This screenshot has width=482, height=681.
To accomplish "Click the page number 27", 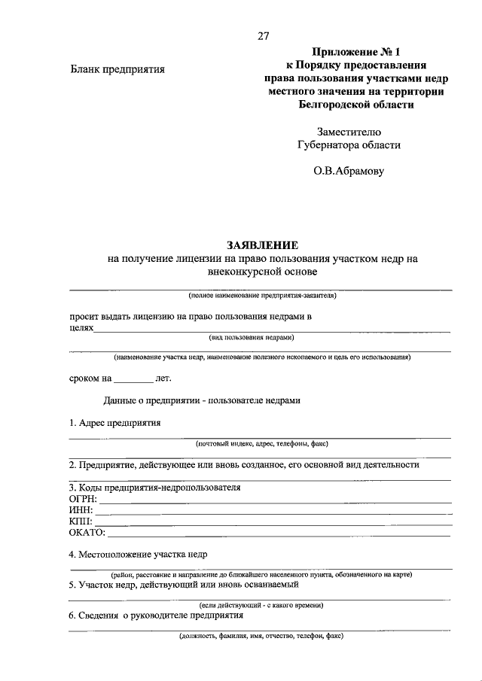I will (x=263, y=35).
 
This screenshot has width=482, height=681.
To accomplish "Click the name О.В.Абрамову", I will (x=349, y=171).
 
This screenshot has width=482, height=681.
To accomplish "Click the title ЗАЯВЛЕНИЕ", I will (x=263, y=245).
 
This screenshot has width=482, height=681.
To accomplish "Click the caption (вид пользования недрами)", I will (x=262, y=337).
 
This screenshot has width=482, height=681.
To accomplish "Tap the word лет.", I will (x=163, y=379).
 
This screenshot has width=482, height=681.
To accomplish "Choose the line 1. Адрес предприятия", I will (x=114, y=423).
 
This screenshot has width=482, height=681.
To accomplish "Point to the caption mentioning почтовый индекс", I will (x=261, y=444).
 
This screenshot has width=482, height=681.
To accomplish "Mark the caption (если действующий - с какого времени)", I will (x=261, y=605).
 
